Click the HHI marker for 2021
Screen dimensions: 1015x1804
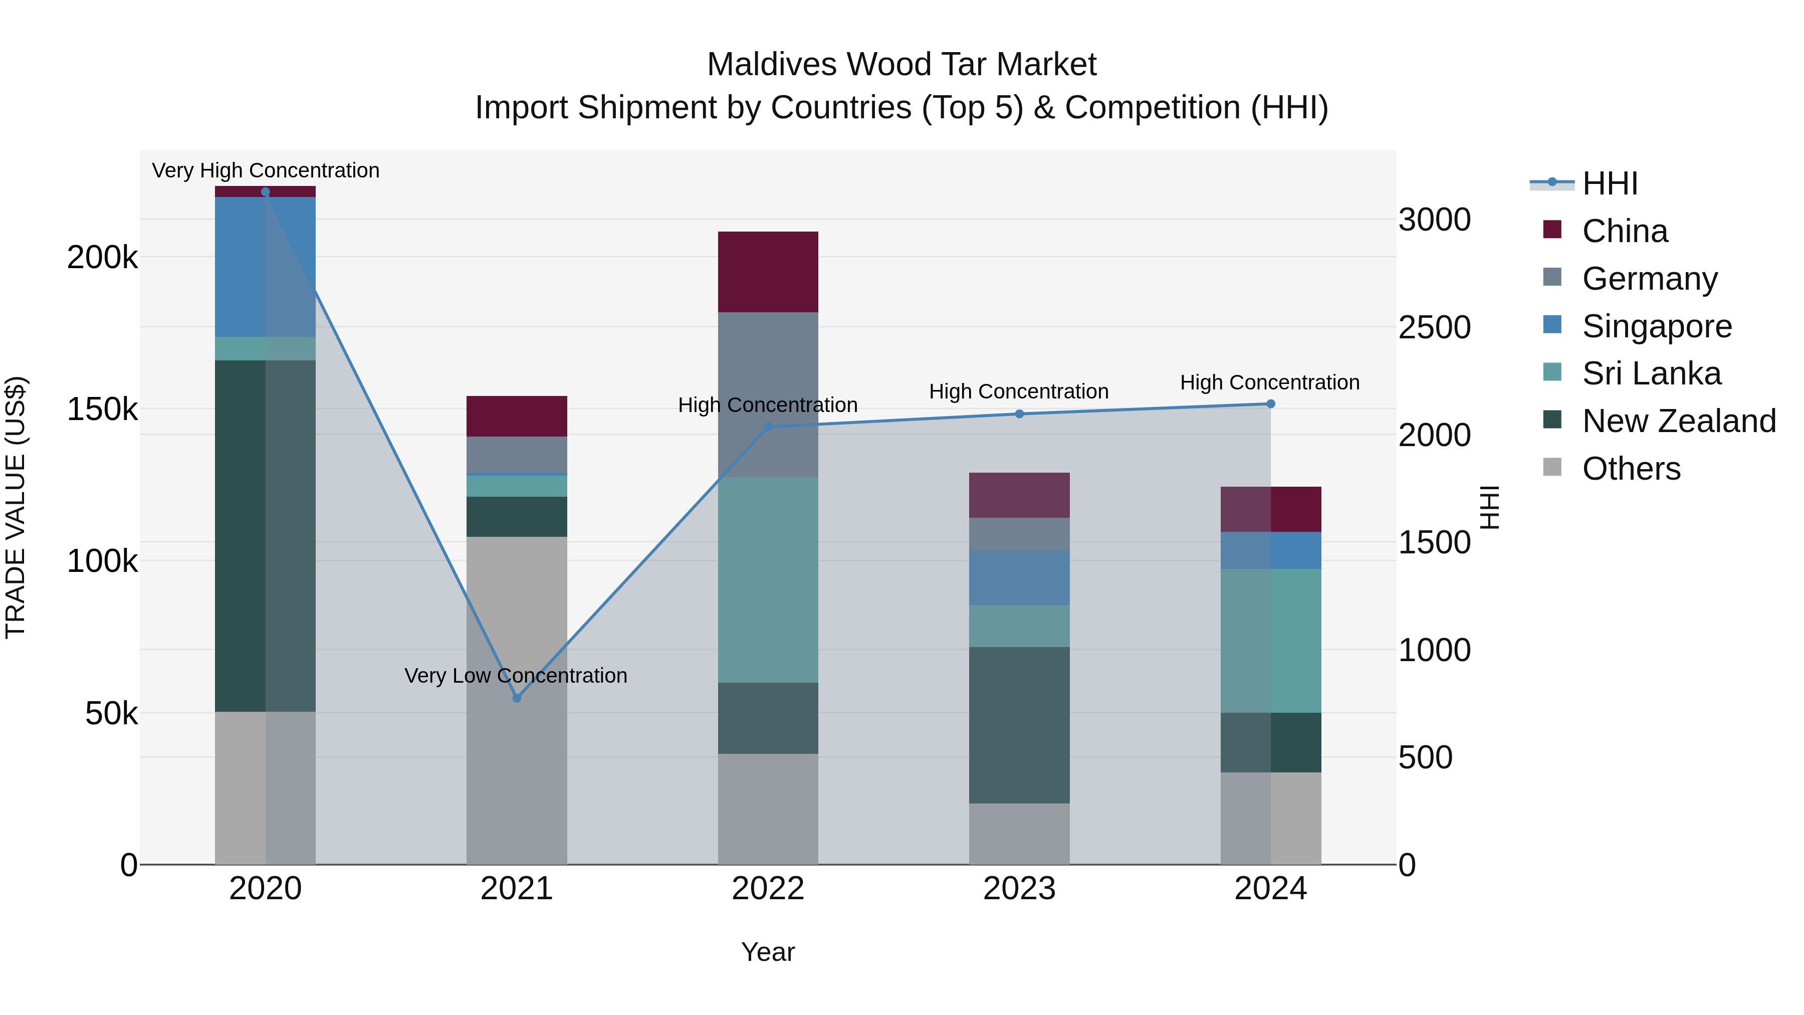tap(517, 698)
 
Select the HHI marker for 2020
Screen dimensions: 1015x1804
tap(266, 192)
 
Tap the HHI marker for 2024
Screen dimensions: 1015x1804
tap(1270, 403)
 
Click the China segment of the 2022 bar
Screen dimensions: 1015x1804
tap(768, 272)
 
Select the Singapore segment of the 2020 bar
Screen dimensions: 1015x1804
tap(266, 267)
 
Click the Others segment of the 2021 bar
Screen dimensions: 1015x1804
tap(517, 701)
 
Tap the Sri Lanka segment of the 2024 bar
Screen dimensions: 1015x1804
tap(1270, 641)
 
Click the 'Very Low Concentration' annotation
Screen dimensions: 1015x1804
tap(516, 675)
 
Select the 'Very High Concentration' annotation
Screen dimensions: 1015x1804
tap(266, 170)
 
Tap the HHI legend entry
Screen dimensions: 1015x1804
tap(1609, 183)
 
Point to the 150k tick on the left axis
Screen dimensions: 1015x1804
tap(102, 409)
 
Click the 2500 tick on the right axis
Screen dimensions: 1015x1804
tap(1434, 328)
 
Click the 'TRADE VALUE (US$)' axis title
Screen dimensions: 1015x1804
tap(16, 508)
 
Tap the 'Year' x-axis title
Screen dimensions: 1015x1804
tap(768, 952)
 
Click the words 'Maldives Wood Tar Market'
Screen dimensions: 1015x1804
tap(901, 65)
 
